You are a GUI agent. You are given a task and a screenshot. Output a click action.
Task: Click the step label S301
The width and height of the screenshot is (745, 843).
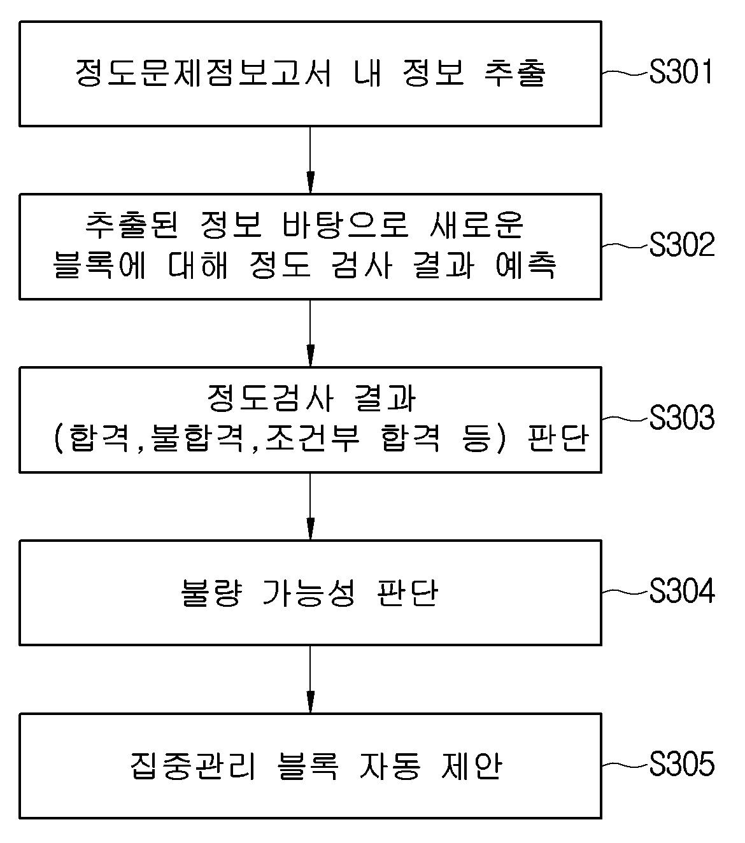[681, 71]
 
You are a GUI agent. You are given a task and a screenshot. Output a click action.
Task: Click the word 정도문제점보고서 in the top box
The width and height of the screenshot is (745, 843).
[204, 73]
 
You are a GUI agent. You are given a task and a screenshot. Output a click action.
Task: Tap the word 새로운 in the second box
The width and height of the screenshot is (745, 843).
[476, 225]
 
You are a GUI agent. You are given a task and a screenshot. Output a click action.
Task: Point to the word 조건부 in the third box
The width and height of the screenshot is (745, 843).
[312, 438]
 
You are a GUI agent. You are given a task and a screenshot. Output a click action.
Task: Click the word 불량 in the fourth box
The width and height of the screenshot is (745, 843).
[211, 593]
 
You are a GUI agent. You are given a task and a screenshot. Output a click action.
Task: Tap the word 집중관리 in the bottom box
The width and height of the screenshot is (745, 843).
[193, 765]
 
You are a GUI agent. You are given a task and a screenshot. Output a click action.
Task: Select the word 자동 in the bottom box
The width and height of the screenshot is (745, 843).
[390, 765]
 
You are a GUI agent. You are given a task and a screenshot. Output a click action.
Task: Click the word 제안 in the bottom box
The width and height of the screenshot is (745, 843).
[471, 765]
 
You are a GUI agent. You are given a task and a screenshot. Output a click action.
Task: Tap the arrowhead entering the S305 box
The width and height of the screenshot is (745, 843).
[310, 702]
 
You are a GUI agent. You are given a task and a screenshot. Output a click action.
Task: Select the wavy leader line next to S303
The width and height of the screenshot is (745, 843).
[625, 418]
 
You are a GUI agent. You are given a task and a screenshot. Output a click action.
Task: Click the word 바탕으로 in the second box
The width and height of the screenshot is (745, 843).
[346, 225]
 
